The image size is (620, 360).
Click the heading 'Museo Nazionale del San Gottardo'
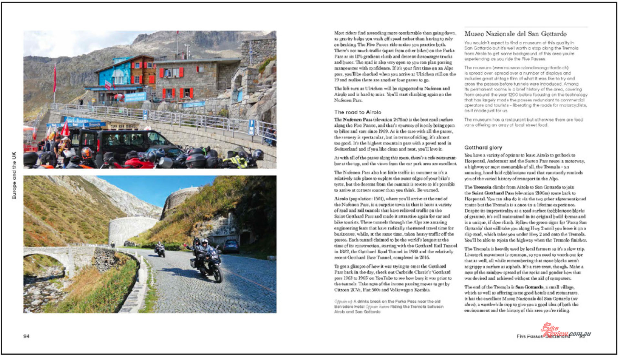(x=515, y=34)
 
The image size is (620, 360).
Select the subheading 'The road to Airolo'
(x=357, y=112)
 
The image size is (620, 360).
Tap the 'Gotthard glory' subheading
(x=483, y=148)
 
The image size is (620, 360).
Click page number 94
(x=26, y=336)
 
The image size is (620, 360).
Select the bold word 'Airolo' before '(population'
(x=341, y=199)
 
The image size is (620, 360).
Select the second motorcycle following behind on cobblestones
(x=160, y=249)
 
